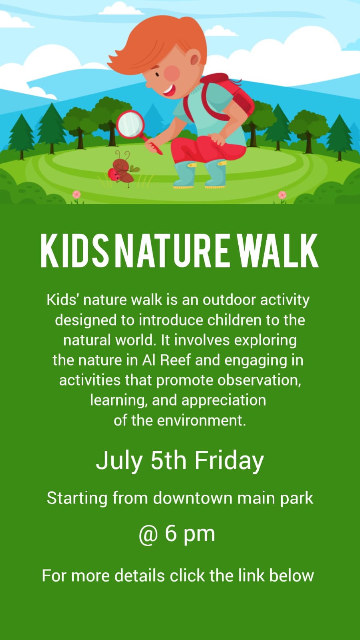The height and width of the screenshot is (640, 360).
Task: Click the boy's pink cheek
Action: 173,72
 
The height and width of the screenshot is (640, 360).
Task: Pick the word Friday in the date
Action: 229,460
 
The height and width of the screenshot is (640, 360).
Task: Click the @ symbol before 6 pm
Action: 148,534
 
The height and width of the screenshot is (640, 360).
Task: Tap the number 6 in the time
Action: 171,534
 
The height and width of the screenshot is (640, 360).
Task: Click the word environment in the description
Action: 201,420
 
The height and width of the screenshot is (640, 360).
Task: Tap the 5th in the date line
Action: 168,460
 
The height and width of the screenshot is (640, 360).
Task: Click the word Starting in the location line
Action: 77,499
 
